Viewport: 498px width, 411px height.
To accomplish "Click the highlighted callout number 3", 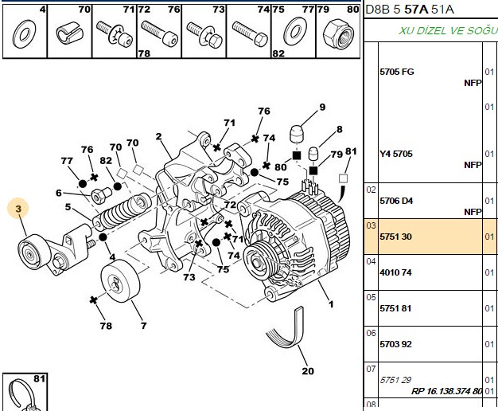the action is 18,209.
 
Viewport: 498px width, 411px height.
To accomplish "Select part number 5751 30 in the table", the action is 395,237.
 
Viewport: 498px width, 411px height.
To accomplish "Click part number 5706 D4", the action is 396,201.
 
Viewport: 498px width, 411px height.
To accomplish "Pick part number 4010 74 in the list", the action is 395,272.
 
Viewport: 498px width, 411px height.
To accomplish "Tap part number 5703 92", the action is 395,344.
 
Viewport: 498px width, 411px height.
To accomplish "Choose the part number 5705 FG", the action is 397,72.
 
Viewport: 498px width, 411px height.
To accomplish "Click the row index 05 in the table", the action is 371,297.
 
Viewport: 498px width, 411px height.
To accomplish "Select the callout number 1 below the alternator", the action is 331,304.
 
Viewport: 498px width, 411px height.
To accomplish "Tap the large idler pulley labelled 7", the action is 120,280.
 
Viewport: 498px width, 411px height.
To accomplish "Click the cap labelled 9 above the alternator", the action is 297,134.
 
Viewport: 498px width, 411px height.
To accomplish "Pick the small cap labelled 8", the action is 313,154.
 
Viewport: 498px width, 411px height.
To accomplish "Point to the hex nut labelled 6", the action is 101,195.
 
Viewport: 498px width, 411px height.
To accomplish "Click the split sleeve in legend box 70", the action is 69,33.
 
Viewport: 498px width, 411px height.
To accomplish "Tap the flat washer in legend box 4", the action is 24,33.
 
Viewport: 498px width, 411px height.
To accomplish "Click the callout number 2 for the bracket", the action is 158,137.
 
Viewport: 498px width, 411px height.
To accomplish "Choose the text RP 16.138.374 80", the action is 446,390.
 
